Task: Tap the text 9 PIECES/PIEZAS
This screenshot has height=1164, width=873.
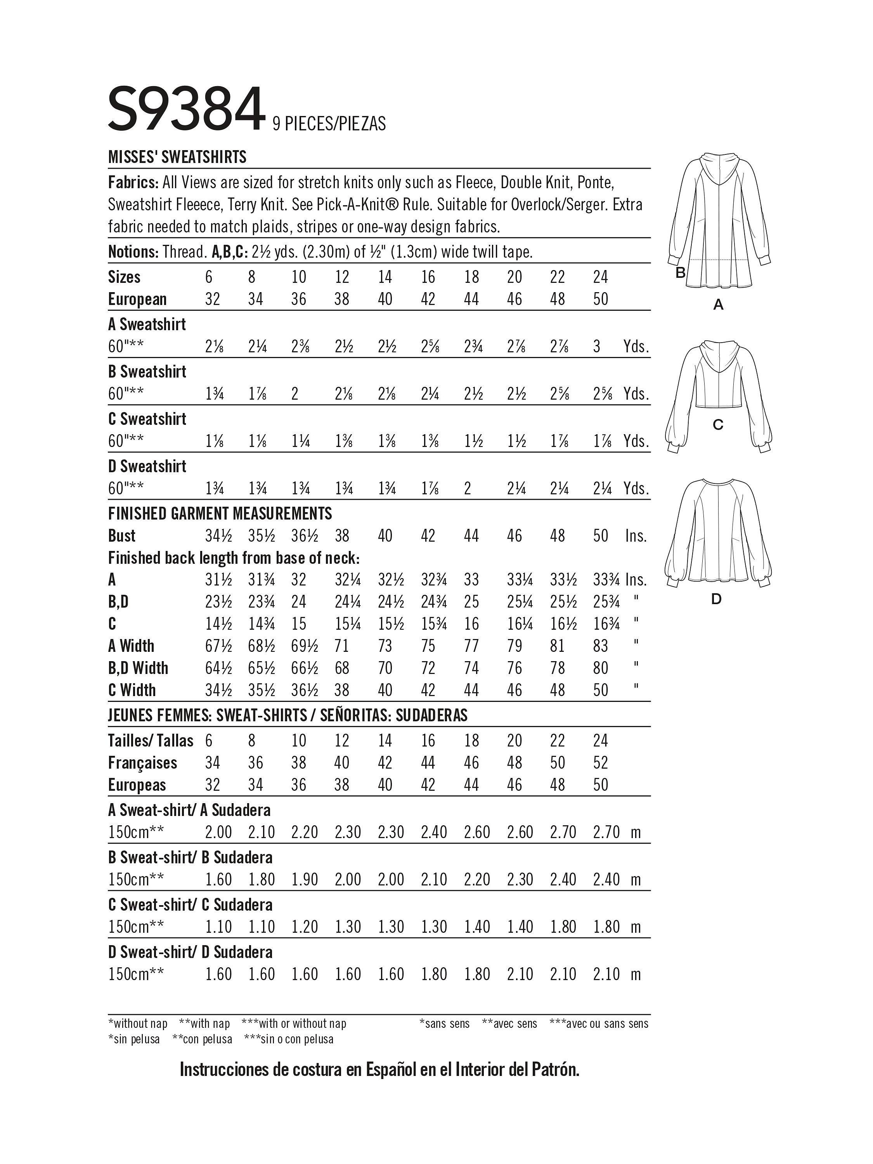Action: point(329,124)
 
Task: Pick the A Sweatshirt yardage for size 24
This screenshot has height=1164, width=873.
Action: point(597,347)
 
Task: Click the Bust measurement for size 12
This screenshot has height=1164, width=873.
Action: point(342,536)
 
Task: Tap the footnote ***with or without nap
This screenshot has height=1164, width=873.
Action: point(294,1024)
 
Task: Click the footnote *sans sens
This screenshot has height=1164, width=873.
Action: point(444,1024)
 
